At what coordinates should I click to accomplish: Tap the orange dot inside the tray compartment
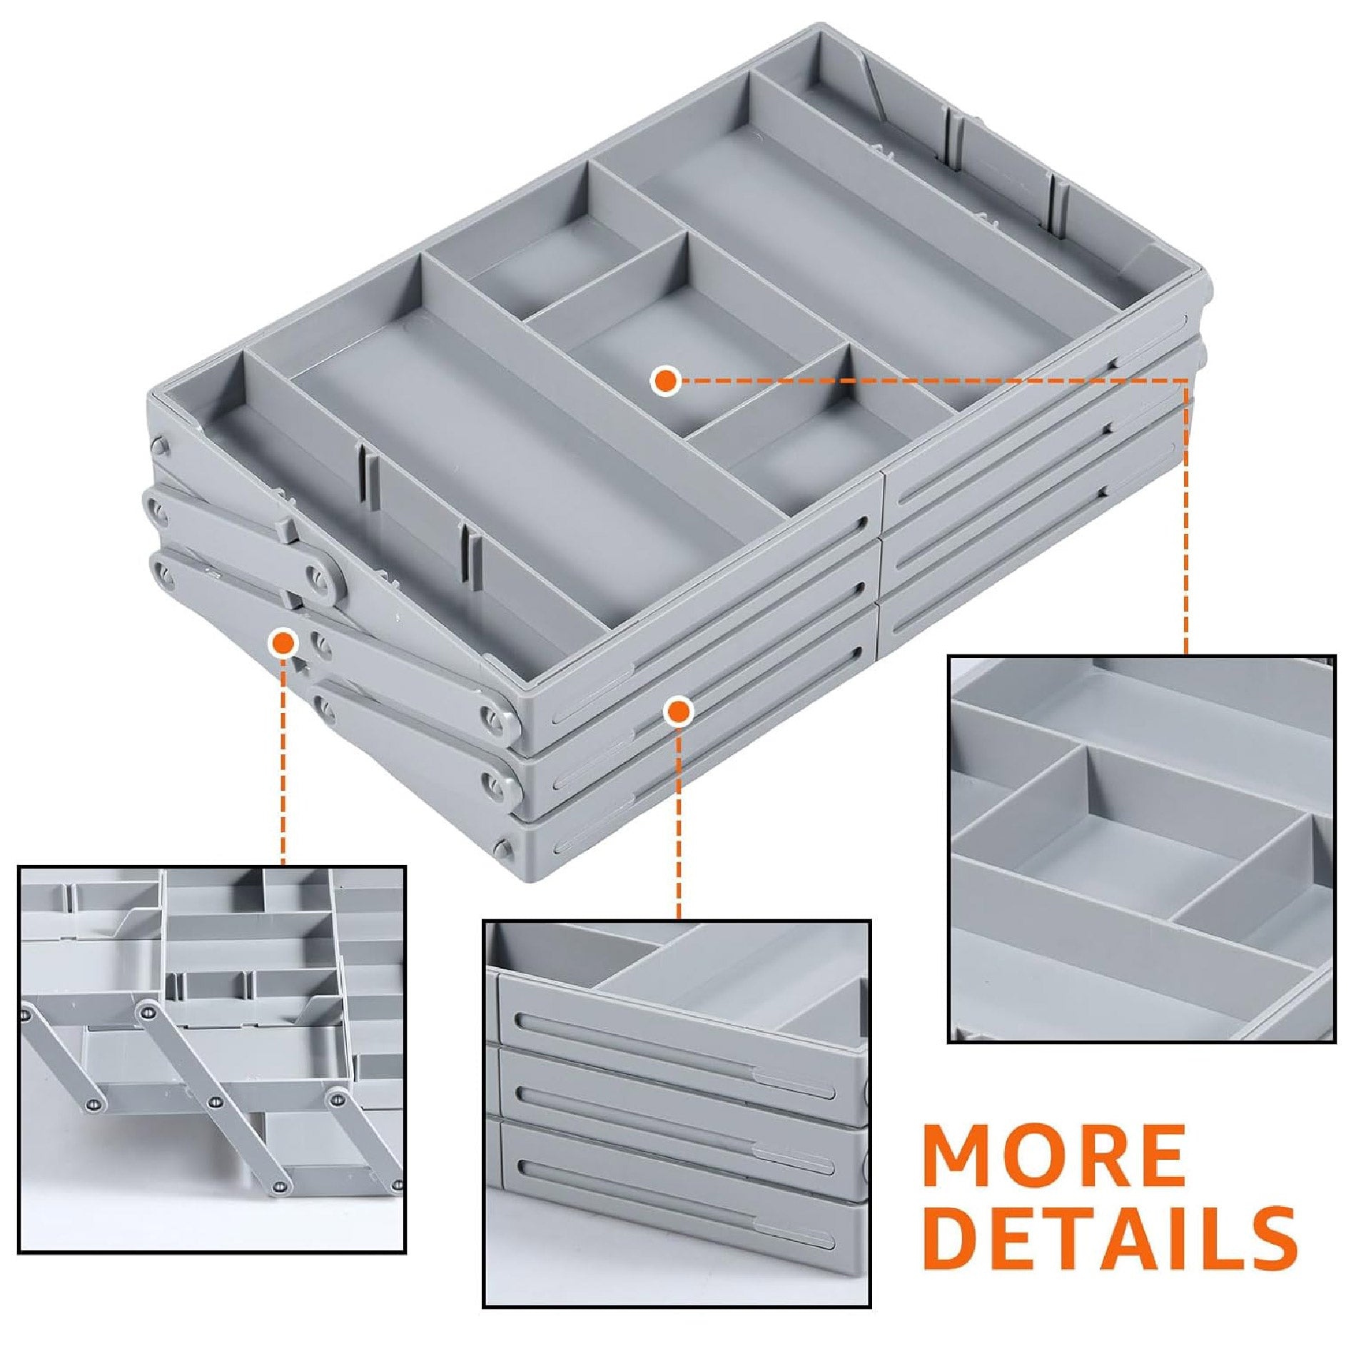[x=665, y=380]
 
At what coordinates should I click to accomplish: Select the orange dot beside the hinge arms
[x=283, y=643]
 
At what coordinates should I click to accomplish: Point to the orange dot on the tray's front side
[x=678, y=711]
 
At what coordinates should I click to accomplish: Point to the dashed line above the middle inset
[x=678, y=821]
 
